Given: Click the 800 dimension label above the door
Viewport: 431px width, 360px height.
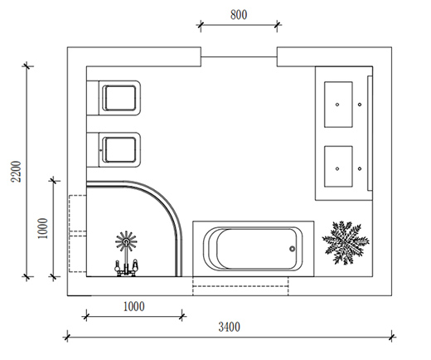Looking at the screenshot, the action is pos(239,15).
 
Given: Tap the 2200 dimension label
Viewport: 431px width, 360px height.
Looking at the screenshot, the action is pos(16,172).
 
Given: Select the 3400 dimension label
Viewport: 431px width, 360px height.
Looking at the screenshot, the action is pos(229,327).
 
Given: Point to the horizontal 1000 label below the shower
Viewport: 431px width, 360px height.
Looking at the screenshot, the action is pos(133,307).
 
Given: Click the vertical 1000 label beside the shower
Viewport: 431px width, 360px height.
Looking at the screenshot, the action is pos(43,228).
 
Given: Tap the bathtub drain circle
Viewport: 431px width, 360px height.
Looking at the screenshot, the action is pos(292,249).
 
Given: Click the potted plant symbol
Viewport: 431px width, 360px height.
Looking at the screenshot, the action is pos(346,242).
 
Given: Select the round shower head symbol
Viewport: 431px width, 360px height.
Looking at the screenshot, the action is pos(126,241).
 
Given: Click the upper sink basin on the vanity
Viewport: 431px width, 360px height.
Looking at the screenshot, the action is pos(338,105).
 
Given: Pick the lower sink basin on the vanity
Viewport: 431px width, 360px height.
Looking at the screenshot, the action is pos(338,167).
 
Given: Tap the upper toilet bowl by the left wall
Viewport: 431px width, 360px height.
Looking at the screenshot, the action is pos(119,98).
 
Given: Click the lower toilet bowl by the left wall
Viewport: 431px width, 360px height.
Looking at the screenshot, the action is pos(119,149).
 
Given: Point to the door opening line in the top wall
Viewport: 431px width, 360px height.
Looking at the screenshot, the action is pos(239,57).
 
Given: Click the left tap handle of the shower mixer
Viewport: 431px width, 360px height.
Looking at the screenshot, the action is pos(117,265).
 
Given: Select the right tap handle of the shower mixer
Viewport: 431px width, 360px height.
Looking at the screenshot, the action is pos(135,265).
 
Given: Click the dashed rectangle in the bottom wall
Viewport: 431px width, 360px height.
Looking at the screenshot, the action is pos(240,286).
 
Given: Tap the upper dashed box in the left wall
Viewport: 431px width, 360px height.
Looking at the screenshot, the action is pos(78,213).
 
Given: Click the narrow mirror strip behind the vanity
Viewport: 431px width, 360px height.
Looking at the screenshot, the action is pos(370,133).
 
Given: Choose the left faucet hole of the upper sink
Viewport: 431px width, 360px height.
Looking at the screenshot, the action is pos(337,105).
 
